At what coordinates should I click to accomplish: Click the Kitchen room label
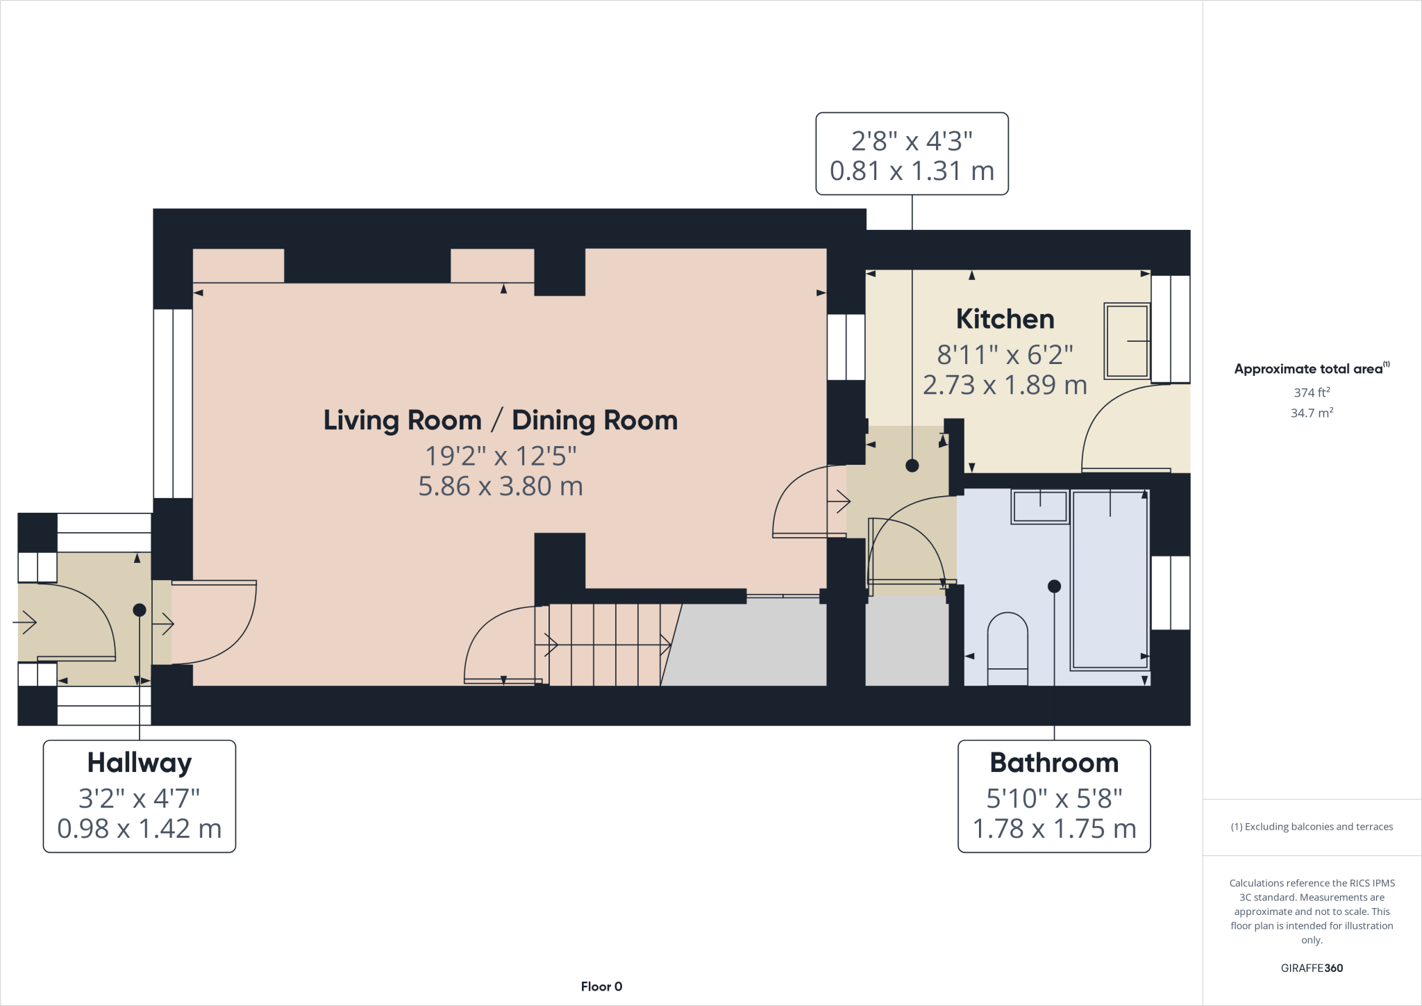(1005, 319)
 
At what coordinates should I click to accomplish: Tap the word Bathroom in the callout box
(1053, 762)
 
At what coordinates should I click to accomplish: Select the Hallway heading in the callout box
(139, 762)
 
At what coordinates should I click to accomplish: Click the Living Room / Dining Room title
(500, 420)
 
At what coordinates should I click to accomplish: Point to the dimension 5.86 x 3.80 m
(500, 486)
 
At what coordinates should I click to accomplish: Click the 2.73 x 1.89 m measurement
(1005, 385)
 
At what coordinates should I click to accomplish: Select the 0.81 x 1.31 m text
(912, 171)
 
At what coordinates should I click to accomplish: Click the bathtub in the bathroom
(1109, 580)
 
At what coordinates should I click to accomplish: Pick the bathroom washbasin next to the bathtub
(1039, 507)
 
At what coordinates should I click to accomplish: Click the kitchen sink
(1127, 341)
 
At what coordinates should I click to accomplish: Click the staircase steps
(604, 645)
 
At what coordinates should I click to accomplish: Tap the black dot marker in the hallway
(140, 610)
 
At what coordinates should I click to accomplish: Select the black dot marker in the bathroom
(1054, 586)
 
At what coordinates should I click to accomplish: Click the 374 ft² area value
(1311, 393)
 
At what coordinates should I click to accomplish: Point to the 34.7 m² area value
(1311, 413)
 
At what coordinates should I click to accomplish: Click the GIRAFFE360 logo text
(1311, 968)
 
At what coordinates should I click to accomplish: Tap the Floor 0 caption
(601, 987)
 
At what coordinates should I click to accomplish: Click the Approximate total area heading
(1308, 369)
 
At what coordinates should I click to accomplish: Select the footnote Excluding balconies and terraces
(1311, 827)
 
